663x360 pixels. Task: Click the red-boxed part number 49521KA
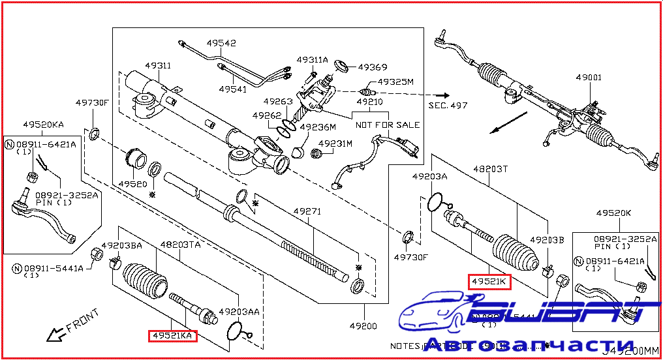click(172, 335)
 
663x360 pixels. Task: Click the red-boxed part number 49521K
click(489, 282)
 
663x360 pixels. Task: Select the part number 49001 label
click(589, 78)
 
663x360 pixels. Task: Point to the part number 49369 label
click(373, 67)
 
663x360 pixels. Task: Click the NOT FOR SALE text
click(388, 125)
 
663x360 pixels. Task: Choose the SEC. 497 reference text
click(448, 105)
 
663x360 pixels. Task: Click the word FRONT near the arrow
click(82, 320)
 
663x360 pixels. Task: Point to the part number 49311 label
click(158, 66)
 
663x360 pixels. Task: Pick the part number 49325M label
click(397, 82)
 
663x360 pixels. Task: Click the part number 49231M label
click(335, 143)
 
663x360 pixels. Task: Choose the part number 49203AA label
click(239, 312)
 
